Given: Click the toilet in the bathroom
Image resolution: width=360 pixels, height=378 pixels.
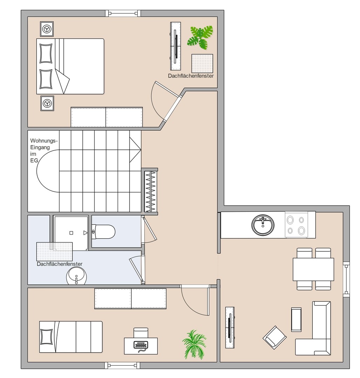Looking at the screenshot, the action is point(103,232).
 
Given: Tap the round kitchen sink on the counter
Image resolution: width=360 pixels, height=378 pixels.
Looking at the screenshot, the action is point(263,225).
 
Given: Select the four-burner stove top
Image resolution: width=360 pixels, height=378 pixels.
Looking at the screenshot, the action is point(296,225).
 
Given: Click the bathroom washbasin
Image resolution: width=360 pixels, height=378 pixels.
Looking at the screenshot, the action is point(76,277).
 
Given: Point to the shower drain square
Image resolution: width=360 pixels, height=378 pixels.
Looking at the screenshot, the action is point(71,233).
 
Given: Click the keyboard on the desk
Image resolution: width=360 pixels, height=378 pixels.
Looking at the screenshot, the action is point(140,345).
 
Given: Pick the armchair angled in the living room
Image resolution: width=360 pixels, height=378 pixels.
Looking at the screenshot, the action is point(275,337).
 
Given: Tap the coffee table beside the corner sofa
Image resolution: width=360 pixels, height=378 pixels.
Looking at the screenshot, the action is point(296,320).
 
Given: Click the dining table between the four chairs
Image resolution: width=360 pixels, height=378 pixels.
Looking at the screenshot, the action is point(313,269).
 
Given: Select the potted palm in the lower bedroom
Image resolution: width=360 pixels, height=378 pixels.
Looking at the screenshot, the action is point(194,344).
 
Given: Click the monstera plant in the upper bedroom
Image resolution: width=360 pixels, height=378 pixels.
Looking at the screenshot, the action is point(200,37).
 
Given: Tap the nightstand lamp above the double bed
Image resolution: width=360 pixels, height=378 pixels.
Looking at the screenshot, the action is point(47,29).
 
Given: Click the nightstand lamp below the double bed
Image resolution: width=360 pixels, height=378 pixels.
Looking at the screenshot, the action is point(47,103).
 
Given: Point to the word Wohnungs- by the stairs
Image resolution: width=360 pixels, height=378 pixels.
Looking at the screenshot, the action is point(44,141).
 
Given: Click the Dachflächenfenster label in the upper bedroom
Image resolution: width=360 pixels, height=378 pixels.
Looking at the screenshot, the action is point(191,76).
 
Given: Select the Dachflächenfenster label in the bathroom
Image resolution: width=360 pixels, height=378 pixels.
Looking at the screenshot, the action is point(60,264).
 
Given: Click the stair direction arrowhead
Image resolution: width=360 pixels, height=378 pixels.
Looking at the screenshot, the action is point(135,150).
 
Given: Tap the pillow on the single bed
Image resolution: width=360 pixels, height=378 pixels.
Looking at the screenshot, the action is point(47,337).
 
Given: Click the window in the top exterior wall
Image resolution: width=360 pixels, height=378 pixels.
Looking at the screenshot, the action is point(123,13).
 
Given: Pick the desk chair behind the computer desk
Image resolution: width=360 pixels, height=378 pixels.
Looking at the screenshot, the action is point(141,333).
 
